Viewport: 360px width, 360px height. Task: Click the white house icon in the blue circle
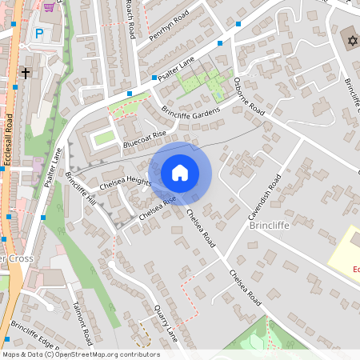point(180,172)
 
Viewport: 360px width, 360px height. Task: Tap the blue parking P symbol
point(39,34)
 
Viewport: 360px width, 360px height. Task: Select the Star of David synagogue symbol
point(350,40)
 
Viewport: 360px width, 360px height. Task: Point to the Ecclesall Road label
point(8,141)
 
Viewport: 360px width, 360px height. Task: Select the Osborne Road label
point(249,96)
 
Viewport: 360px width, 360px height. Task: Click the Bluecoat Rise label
point(144,140)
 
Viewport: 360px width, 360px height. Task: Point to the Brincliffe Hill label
point(81,189)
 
